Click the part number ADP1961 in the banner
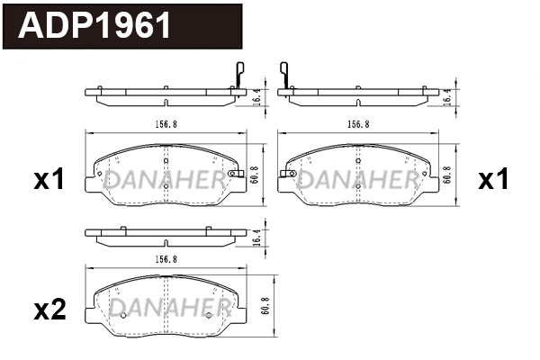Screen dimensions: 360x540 [95, 26]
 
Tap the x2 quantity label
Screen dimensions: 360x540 [49, 310]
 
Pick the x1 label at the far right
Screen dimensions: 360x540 [493, 180]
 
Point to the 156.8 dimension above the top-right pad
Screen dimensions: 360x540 [359, 124]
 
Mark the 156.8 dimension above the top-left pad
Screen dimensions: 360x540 [166, 124]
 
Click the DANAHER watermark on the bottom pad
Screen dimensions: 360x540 [166, 309]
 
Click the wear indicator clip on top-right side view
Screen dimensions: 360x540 [284, 74]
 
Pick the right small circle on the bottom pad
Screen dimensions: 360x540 [209, 315]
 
